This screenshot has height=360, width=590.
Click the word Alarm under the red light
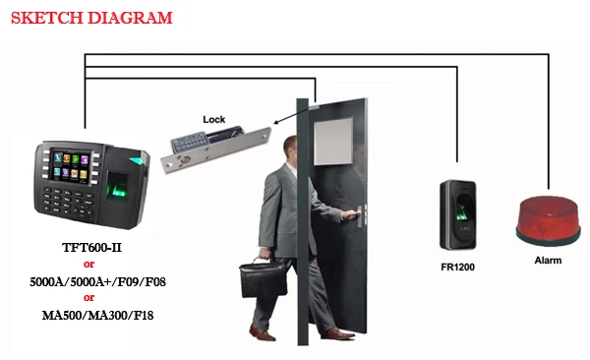pos(548,261)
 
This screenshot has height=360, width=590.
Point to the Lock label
pos(213,120)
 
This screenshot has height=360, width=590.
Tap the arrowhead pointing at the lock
pos(270,124)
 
